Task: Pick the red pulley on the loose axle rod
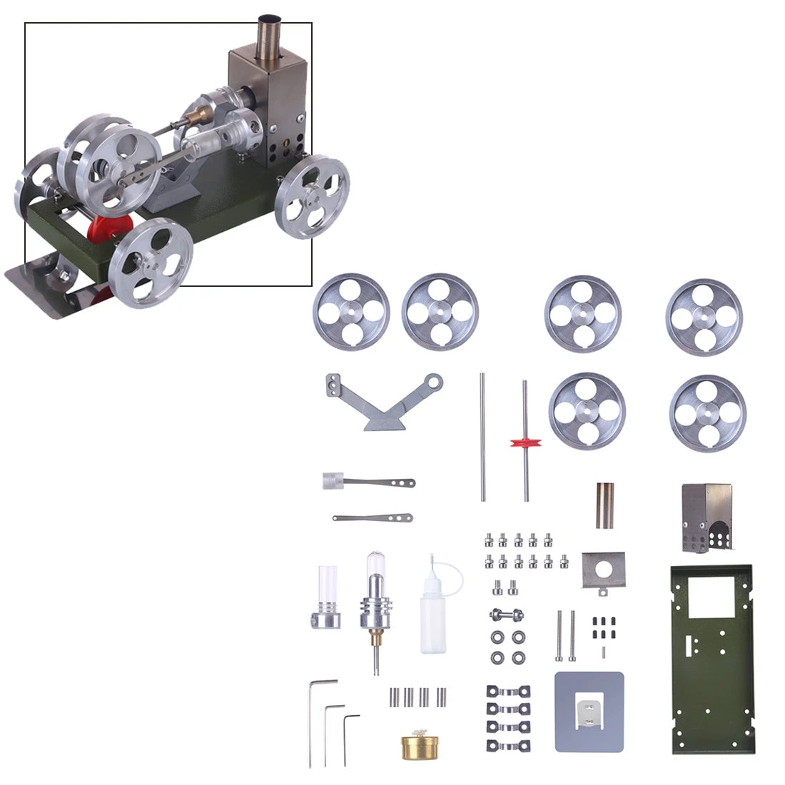tap(526, 442)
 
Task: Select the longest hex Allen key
tap(313, 721)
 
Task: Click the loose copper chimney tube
tap(605, 505)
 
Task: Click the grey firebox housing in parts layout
tap(706, 518)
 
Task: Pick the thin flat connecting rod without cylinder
tap(373, 517)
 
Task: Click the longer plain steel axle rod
tap(482, 435)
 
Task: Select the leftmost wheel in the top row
tap(351, 312)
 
